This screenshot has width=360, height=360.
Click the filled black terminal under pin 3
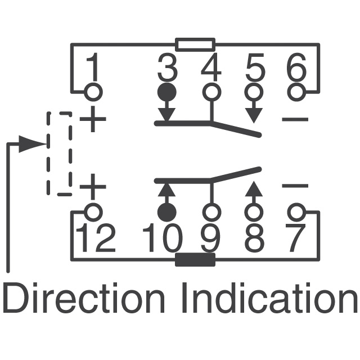pyautogui.click(x=166, y=92)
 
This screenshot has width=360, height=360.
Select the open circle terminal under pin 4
pyautogui.click(x=211, y=91)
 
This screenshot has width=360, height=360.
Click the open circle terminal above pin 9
pyautogui.click(x=211, y=212)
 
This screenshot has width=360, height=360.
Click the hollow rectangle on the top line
pyautogui.click(x=195, y=44)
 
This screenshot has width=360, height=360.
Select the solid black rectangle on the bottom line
pyautogui.click(x=195, y=260)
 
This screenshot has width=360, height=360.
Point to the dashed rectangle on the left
pyautogui.click(x=59, y=154)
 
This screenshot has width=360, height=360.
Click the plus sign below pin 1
pyautogui.click(x=93, y=120)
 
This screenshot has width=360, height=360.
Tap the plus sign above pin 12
pyautogui.click(x=93, y=186)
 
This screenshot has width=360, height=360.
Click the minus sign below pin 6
pyautogui.click(x=295, y=119)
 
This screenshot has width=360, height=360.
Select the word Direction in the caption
pyautogui.click(x=84, y=299)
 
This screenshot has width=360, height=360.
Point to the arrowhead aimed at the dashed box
pyautogui.click(x=31, y=144)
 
